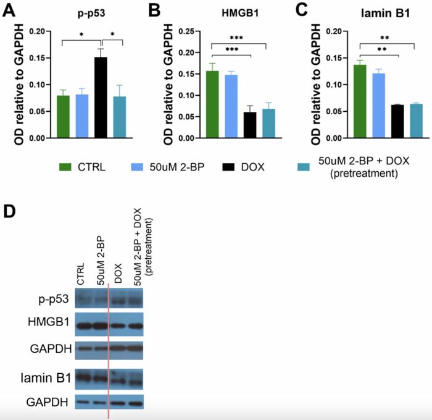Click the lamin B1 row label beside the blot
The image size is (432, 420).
pos(48,377)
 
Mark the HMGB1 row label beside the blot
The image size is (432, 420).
pos(49,324)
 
